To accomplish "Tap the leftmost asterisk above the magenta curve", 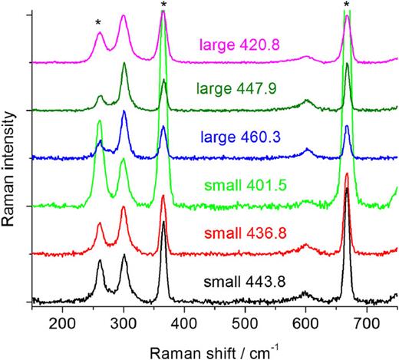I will click(98, 23).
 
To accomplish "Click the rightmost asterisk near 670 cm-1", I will click(347, 5).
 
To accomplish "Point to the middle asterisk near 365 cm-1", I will click(163, 5).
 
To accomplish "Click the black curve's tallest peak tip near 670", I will click(347, 188).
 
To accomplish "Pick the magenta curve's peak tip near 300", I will click(124, 16).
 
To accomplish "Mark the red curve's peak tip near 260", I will click(100, 223).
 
